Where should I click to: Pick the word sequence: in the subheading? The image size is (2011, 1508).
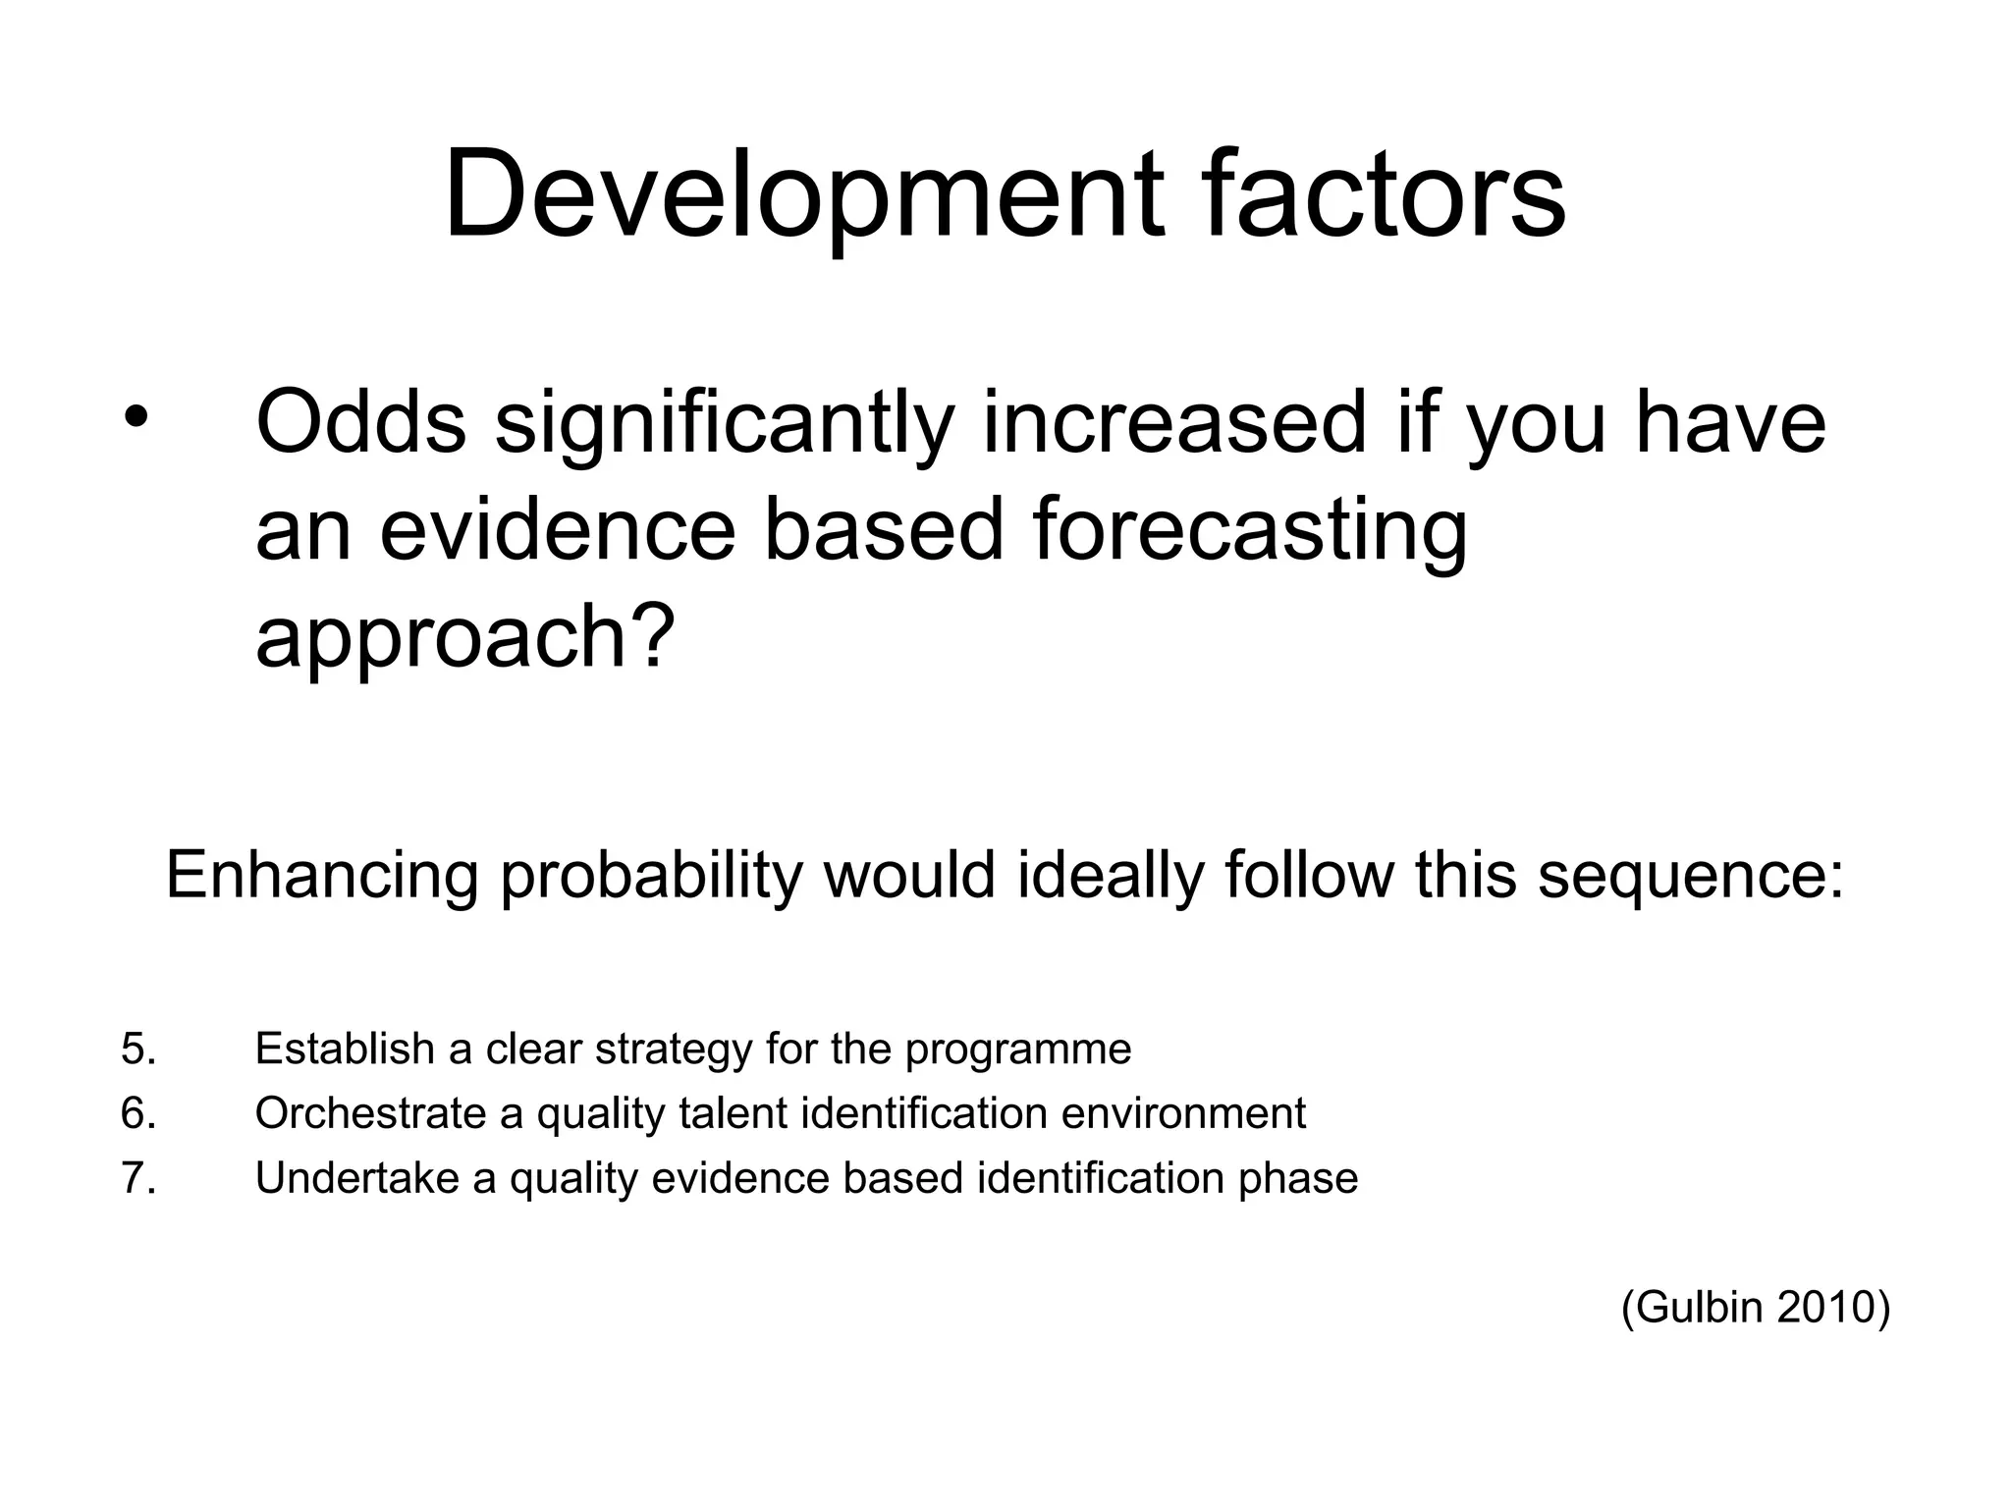coord(1690,875)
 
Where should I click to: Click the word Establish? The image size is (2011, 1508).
coord(345,1049)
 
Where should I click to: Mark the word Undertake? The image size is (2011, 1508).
coord(356,1178)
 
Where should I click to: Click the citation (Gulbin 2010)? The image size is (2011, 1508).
coord(1755,1308)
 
